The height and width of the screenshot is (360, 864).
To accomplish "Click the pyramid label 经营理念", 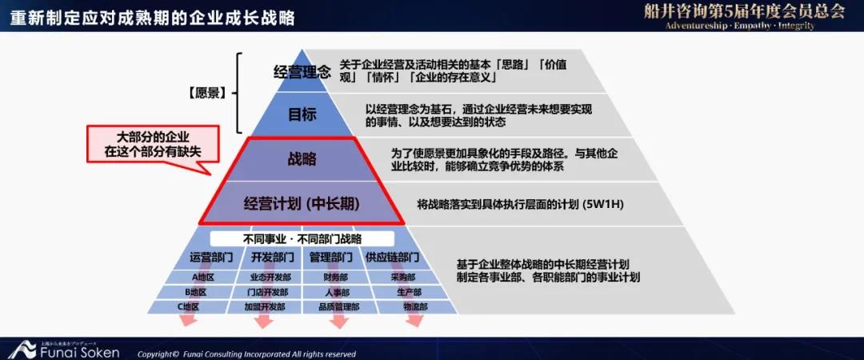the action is [302, 72].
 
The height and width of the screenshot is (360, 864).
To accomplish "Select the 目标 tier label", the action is [302, 114].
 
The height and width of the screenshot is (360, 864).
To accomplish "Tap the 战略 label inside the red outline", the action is [302, 159].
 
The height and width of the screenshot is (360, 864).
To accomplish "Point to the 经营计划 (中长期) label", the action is [302, 204].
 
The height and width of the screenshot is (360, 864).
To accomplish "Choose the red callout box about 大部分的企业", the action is [153, 144].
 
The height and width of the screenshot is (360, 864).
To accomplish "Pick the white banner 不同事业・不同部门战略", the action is [302, 238].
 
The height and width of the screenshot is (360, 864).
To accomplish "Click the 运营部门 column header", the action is [211, 257].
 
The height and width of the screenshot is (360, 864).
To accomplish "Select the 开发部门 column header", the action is [272, 257].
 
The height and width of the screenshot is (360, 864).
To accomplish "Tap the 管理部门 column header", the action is [330, 257].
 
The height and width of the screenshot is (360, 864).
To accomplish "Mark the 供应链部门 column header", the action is [392, 257].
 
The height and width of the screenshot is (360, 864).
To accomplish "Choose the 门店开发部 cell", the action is [268, 292].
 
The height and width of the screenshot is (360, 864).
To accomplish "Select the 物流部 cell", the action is [415, 307].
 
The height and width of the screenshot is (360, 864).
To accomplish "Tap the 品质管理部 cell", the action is [339, 307].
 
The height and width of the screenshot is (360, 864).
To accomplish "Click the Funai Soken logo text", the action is [79, 352].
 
